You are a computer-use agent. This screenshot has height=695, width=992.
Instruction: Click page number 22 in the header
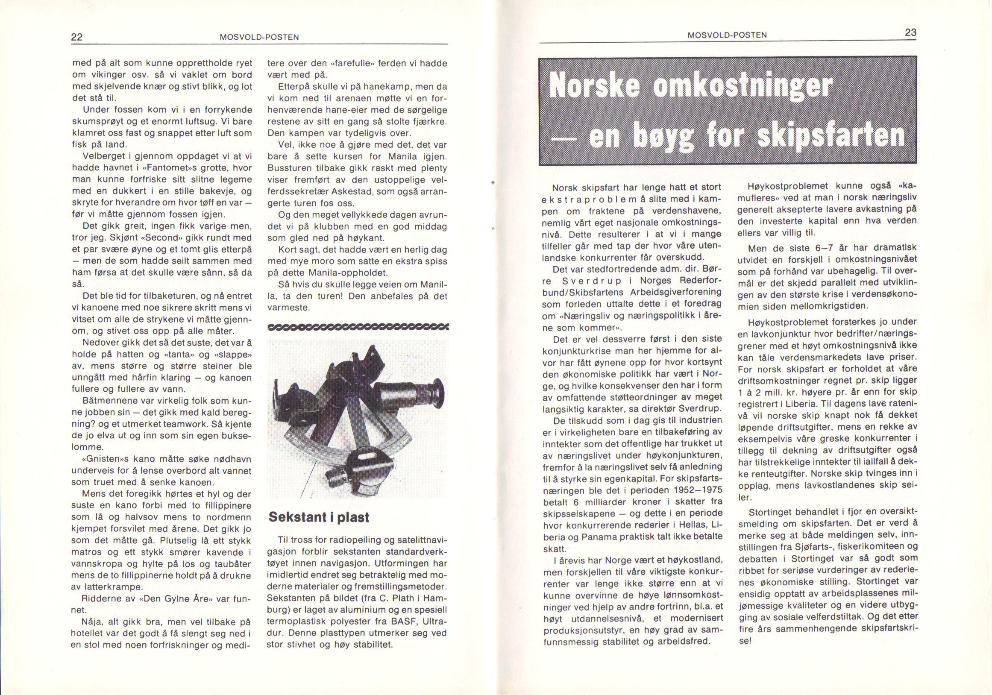(x=77, y=37)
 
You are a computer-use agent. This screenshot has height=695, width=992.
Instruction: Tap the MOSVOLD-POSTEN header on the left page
(x=259, y=38)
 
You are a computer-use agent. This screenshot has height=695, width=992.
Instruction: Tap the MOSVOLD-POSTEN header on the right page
(x=727, y=35)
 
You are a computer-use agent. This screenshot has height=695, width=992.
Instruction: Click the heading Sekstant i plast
(x=319, y=517)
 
